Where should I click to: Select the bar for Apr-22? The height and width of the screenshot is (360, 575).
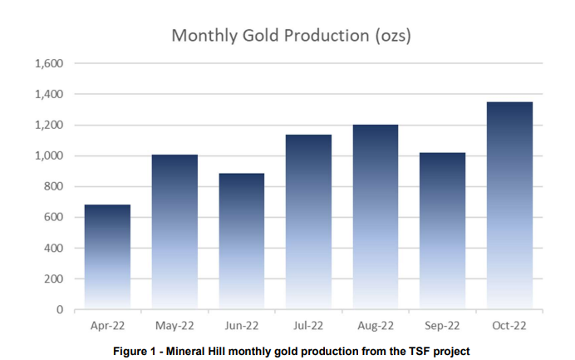pos(107,257)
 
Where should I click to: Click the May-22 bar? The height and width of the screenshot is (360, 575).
pos(174,232)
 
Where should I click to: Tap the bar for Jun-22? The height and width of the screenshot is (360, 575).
pos(242,241)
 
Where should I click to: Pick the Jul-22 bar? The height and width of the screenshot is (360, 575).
pos(309,222)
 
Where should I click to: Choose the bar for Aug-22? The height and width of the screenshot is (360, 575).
pos(376,217)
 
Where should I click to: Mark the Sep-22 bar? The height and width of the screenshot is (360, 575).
pos(443,231)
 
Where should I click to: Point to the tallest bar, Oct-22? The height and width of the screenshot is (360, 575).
pos(509,205)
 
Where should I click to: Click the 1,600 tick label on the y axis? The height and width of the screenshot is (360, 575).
pos(49,63)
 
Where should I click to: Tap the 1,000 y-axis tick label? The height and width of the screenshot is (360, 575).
pos(49,155)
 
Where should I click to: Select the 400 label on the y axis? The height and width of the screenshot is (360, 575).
pos(53,248)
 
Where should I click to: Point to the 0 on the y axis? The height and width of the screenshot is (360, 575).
pos(60,310)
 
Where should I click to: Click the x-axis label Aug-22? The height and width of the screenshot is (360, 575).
pos(376,326)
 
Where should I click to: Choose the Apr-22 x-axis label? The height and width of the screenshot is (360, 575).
pos(107,326)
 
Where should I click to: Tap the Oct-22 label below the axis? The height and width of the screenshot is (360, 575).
pos(509,326)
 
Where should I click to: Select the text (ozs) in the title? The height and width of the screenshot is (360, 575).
pos(393,36)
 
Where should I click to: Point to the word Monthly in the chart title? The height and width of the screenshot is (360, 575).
pos(204,36)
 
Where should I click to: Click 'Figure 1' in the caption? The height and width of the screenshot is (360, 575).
pos(135,351)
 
